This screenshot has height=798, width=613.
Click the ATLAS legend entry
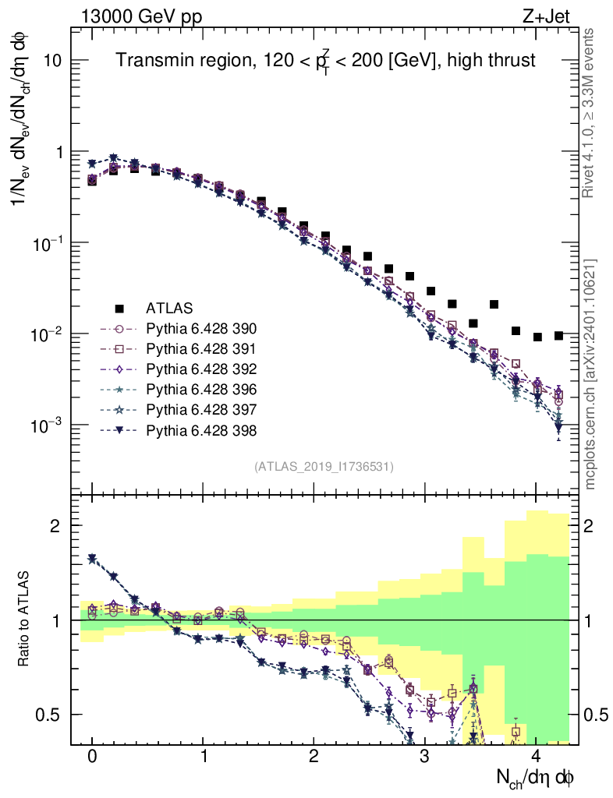(x=168, y=307)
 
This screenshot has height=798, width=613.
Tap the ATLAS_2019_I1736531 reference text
(x=324, y=466)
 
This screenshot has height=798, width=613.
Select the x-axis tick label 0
(x=92, y=757)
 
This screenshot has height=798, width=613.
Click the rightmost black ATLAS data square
(x=558, y=335)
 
